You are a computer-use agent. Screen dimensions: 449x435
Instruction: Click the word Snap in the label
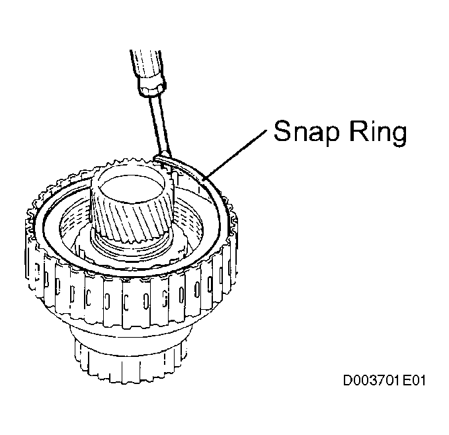coord(306,132)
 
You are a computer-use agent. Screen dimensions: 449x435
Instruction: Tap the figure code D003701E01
coord(384,381)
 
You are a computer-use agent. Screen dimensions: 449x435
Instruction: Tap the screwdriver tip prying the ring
coord(163,156)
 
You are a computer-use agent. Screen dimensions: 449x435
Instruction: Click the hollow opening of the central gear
coord(132,189)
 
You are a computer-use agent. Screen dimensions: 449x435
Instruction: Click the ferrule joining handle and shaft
coord(152,86)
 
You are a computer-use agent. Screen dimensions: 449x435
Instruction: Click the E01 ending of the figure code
coord(414,381)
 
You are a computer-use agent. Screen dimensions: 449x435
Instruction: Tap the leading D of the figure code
coord(348,381)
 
